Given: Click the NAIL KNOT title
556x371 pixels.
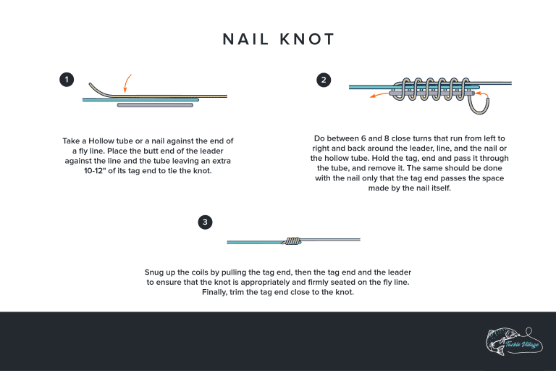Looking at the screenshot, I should coord(278,38).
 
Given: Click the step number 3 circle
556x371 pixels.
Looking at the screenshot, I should coord(206,222).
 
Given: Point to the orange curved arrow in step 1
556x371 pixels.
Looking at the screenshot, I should coord(127,83).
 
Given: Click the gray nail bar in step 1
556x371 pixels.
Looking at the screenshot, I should coord(155,105).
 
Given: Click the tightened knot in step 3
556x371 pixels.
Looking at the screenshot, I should coord(292,241).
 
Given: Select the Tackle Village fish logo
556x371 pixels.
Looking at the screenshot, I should coord(511,341).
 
